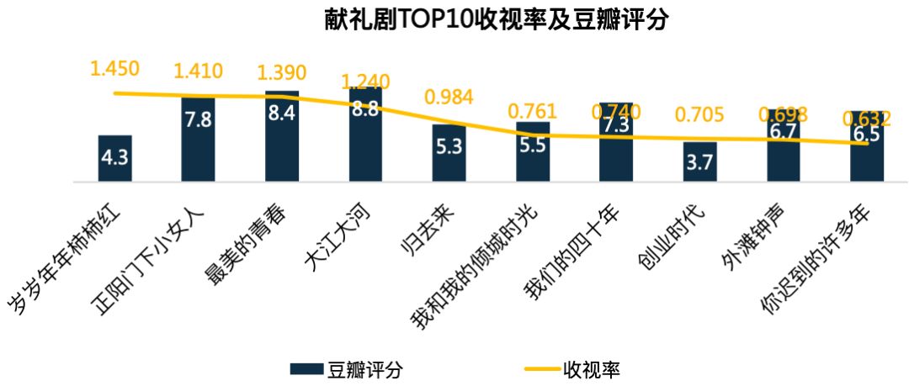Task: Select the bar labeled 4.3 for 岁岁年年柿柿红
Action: (x=114, y=158)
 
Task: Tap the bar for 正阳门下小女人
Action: (x=198, y=139)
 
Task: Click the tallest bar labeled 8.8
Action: (x=364, y=135)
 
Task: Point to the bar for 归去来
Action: (x=449, y=153)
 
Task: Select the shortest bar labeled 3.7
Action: (x=699, y=162)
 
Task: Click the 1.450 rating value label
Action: (x=114, y=68)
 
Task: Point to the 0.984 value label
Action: (x=449, y=98)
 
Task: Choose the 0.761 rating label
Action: (x=532, y=111)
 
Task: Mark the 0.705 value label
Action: (x=699, y=114)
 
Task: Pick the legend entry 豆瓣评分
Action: (x=346, y=368)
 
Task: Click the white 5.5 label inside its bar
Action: (x=532, y=144)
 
